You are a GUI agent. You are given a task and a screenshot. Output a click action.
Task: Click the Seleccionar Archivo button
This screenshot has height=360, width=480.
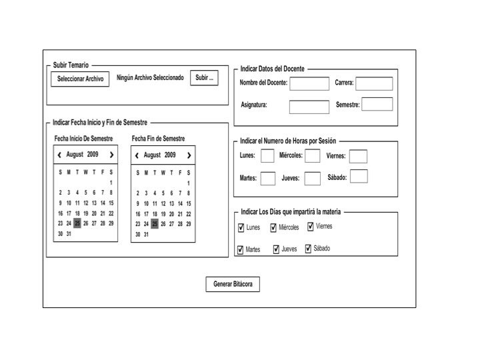tap(80, 79)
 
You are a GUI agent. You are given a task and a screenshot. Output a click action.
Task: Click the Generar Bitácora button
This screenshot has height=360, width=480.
tap(233, 285)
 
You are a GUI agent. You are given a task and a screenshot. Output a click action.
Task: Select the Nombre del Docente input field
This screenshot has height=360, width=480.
tap(309, 83)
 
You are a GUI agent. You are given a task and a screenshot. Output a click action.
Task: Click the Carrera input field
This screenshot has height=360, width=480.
tap(374, 83)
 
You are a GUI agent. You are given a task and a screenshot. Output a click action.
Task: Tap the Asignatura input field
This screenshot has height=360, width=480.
tap(309, 107)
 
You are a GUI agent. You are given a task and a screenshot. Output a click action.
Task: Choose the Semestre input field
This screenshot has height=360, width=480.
tap(377, 104)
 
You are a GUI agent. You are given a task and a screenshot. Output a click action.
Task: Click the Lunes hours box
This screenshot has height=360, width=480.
tap(267, 156)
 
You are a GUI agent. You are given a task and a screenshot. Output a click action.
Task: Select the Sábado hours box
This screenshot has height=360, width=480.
tap(359, 177)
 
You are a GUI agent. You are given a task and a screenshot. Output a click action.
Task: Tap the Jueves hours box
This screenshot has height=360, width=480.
tap(313, 178)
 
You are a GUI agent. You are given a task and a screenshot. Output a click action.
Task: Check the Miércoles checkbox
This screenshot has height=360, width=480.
tap(274, 228)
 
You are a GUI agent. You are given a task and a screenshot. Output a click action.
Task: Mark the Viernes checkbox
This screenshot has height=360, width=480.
tap(311, 227)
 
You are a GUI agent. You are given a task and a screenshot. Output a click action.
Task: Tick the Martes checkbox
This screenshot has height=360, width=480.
tap(241, 250)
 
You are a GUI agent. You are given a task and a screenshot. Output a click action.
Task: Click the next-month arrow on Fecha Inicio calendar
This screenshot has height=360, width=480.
tap(111, 155)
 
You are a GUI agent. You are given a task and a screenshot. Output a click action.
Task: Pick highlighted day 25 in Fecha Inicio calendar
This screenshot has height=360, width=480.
tap(77, 223)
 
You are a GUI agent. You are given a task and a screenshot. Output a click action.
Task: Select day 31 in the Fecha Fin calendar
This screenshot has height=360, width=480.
tap(146, 235)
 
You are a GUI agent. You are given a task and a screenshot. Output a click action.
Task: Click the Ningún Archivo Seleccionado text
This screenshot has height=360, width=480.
tap(150, 78)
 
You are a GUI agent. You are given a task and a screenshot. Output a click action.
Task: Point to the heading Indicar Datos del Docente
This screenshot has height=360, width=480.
tap(273, 69)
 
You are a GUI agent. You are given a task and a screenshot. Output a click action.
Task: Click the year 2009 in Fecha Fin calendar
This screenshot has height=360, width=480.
tap(171, 155)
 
